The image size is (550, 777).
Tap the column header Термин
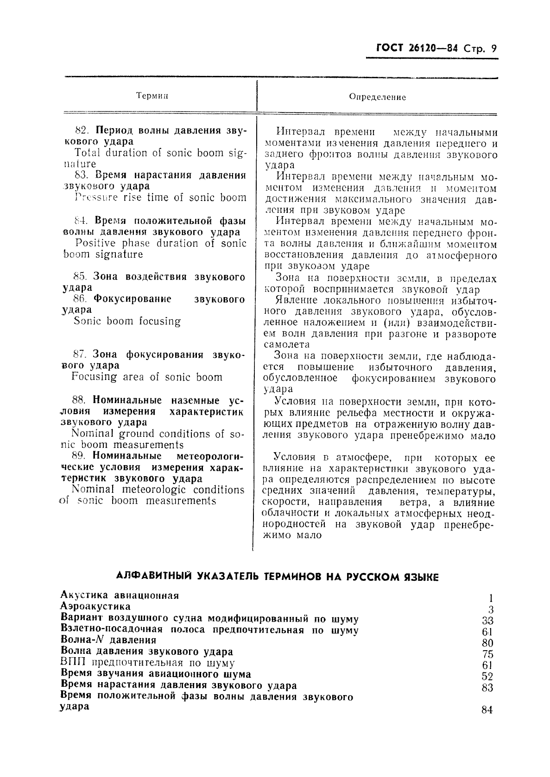point(152,96)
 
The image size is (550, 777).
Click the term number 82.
point(82,130)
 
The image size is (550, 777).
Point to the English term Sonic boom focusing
point(127,321)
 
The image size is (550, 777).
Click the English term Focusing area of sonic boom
point(147,377)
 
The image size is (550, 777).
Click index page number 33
point(487,621)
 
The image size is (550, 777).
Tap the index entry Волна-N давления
point(108,640)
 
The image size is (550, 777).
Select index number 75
point(487,654)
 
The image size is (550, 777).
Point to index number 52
point(487,677)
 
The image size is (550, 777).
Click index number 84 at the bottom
point(487,710)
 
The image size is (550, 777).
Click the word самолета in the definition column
point(286,345)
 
